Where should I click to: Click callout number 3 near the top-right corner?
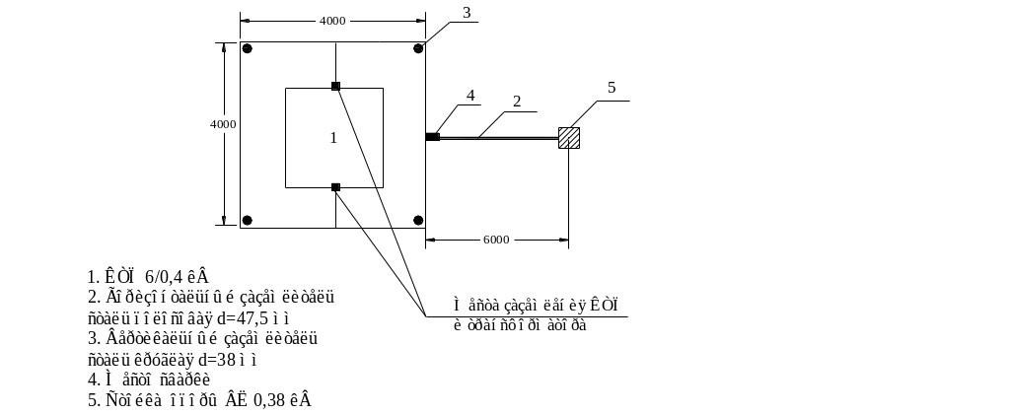tap(467, 12)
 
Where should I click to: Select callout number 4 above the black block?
tap(470, 95)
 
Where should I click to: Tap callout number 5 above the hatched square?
tap(612, 88)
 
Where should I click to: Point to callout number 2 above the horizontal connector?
tap(516, 101)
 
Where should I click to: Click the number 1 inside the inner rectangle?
tap(332, 138)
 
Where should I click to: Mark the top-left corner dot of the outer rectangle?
tap(248, 48)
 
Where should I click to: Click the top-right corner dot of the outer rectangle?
tap(418, 47)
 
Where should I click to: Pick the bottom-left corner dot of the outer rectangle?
tap(248, 220)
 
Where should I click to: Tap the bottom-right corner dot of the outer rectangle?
tap(418, 220)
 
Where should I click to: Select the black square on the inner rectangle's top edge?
tap(335, 87)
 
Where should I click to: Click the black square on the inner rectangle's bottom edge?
tap(335, 187)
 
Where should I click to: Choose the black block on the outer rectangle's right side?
tap(432, 137)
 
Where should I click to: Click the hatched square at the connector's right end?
tap(569, 138)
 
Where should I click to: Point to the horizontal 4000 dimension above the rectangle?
tap(331, 21)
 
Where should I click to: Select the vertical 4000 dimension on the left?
tap(224, 124)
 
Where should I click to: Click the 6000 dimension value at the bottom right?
tap(496, 240)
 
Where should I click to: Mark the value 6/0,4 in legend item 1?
tap(162, 278)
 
